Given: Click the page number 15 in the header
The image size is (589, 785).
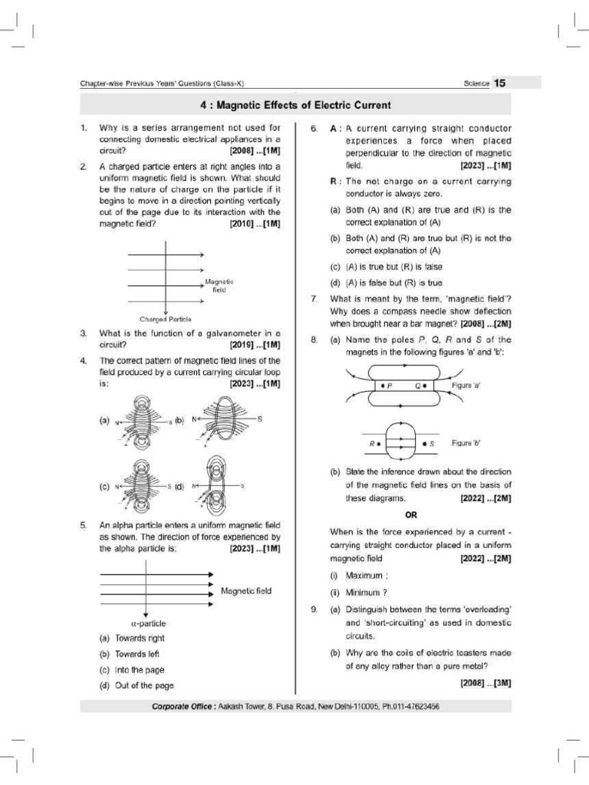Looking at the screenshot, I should [x=499, y=83].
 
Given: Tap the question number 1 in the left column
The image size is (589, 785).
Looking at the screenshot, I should [x=83, y=127].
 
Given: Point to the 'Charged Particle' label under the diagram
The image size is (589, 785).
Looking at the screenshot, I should [x=166, y=318].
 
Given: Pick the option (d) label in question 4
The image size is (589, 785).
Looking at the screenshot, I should [x=179, y=486].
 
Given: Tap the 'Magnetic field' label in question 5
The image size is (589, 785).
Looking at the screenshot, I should [x=245, y=591].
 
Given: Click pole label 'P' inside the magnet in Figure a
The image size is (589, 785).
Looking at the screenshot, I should [x=389, y=386].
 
